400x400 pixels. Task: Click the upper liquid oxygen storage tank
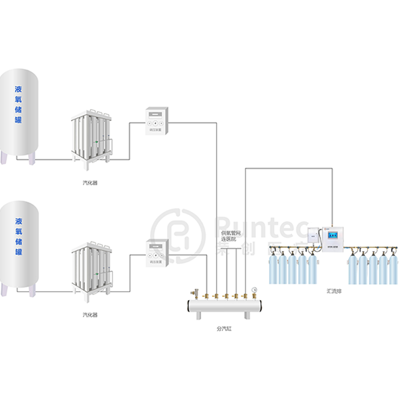point(19,115)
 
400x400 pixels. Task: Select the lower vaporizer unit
point(90,270)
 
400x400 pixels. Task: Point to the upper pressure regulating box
point(156,121)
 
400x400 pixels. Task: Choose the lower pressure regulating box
point(156,251)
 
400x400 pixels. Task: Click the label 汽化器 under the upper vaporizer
point(90,183)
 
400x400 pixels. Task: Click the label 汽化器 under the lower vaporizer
point(90,315)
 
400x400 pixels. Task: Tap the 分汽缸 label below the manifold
point(224,329)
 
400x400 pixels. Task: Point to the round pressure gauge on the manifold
point(254,289)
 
